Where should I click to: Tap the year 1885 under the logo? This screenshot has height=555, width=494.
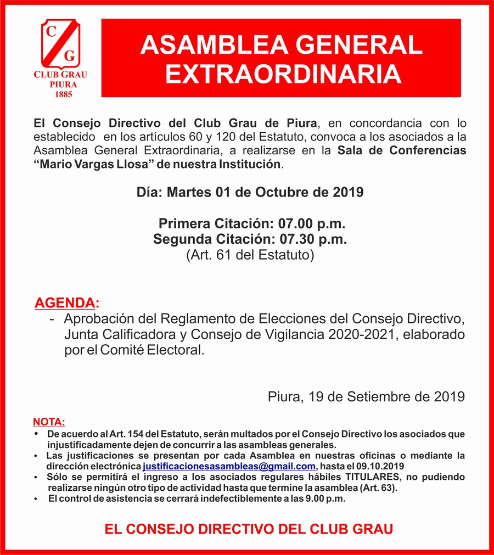pos(61,94)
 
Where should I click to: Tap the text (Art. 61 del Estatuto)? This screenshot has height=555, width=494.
pos(250,255)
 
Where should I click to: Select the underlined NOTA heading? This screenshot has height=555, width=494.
pos(49,422)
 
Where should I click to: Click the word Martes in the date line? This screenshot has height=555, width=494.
pos(189,192)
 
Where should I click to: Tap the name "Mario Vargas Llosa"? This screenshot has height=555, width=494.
pos(94,164)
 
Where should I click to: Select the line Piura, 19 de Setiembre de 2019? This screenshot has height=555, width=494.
pos(367,396)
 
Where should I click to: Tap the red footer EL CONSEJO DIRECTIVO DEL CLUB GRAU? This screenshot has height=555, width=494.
pos(249,530)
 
